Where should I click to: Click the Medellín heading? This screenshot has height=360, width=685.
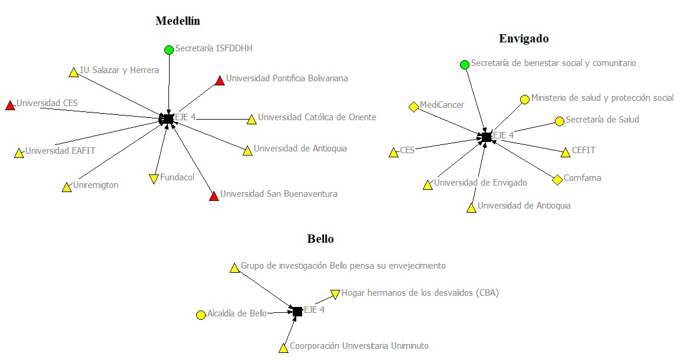(x=178, y=21)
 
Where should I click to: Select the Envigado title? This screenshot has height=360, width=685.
(x=524, y=39)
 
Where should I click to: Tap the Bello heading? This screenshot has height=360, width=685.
(x=320, y=239)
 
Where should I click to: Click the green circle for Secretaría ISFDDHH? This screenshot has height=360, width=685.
(x=169, y=49)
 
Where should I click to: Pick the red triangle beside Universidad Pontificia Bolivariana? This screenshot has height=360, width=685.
(x=220, y=80)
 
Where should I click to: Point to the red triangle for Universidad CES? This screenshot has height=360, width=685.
(x=10, y=105)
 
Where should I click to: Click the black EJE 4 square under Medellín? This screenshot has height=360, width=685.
(x=168, y=119)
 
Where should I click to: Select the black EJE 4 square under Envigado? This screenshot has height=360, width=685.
(x=486, y=137)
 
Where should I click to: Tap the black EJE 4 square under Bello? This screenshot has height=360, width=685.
(x=297, y=311)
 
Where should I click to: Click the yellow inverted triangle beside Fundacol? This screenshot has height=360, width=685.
(x=154, y=179)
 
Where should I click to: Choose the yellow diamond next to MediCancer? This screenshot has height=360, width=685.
(x=413, y=107)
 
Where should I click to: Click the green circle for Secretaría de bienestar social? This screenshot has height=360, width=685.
(x=464, y=64)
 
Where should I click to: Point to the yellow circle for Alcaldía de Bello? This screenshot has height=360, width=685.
(x=200, y=315)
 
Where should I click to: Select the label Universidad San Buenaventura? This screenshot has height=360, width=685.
(x=279, y=194)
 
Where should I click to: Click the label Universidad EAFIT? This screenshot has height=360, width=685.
(x=61, y=151)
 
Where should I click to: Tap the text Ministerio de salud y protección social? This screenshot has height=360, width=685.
(x=602, y=98)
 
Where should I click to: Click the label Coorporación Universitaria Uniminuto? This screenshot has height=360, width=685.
(x=359, y=346)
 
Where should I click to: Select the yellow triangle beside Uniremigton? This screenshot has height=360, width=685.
(x=67, y=188)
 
